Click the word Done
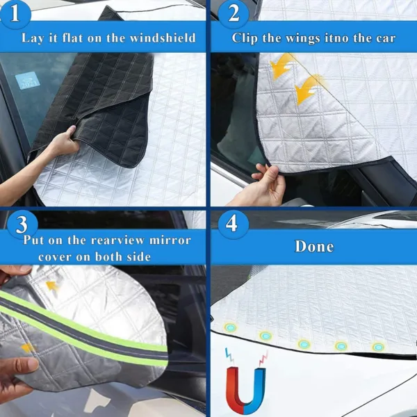point(314,246)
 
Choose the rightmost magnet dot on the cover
point(377,346)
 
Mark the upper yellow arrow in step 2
point(281,68)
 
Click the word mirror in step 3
point(173,240)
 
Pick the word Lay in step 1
point(33,38)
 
